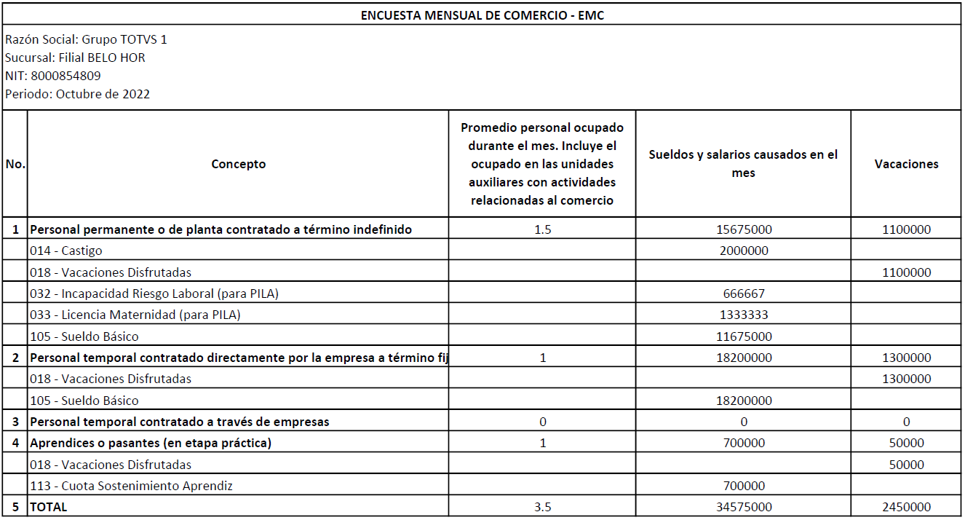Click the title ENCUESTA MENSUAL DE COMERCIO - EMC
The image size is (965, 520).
(x=482, y=15)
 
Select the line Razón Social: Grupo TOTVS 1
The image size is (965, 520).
(x=86, y=39)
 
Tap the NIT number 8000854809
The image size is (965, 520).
(x=65, y=76)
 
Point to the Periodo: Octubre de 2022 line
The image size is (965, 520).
(x=77, y=94)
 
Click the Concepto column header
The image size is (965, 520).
(x=238, y=164)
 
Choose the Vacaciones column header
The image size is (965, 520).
(x=906, y=164)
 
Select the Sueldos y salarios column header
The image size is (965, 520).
(x=743, y=164)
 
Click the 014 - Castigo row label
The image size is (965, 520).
(x=66, y=251)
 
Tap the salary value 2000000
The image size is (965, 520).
(x=743, y=251)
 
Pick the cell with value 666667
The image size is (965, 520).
(x=743, y=294)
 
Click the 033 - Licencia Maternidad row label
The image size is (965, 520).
(x=135, y=315)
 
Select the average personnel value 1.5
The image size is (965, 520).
(x=542, y=229)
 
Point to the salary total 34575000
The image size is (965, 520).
(x=743, y=507)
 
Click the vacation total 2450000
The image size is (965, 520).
(x=906, y=507)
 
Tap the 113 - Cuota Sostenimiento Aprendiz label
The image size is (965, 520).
(x=131, y=486)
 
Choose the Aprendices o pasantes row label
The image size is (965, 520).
(x=150, y=443)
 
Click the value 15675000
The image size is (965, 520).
(x=743, y=229)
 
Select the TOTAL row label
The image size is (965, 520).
(x=48, y=507)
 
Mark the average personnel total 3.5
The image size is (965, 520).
(x=542, y=507)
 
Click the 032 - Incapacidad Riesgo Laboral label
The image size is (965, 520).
(x=154, y=294)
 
